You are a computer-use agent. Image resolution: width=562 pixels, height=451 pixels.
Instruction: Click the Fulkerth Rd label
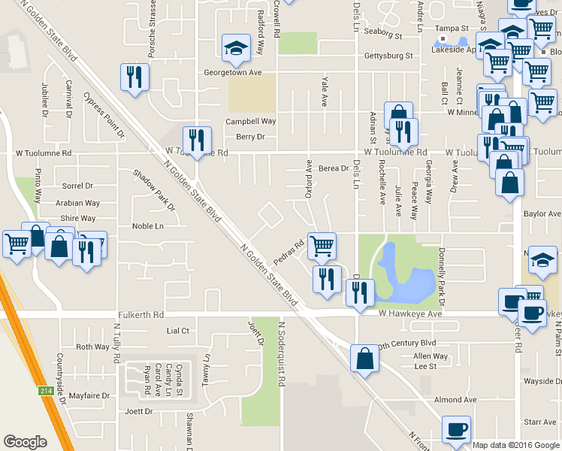point(140,315)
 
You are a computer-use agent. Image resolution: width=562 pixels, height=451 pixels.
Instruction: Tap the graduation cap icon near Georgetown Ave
point(236,49)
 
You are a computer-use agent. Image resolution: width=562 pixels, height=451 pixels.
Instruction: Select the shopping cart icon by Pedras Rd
point(322,245)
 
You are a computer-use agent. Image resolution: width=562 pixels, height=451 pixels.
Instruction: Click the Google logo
point(25,442)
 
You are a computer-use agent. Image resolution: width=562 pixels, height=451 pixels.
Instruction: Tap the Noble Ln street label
point(147,226)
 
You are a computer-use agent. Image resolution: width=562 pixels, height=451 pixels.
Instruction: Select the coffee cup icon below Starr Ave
point(456,429)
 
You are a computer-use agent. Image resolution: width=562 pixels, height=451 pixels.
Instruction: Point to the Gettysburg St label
point(388,56)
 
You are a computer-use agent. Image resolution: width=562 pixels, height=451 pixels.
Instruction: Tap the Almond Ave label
point(455,400)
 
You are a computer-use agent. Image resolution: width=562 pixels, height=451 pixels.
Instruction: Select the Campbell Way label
point(251,121)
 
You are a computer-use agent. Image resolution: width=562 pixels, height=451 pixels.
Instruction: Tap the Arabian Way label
point(77,203)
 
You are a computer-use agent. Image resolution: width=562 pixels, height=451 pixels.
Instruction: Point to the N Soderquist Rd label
point(282,354)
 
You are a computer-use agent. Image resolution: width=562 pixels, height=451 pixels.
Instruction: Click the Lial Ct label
point(177,331)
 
